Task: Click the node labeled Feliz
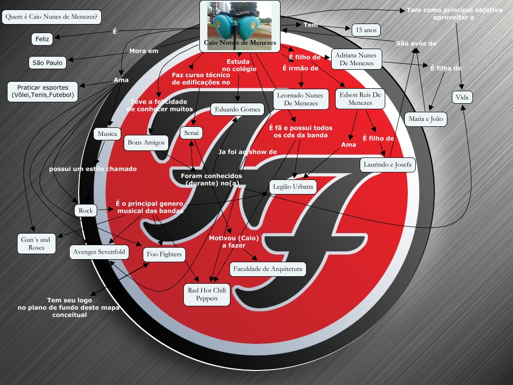pos(42,39)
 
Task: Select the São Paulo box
pos(48,63)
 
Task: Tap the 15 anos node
pos(366,30)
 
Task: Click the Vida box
pos(462,97)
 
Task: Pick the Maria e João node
pos(425,119)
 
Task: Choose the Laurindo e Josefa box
pos(388,164)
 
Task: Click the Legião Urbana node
pos(293,187)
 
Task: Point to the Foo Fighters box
pos(164,254)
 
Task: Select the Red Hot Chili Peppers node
pos(207,294)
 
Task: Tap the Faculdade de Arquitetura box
pos(268,269)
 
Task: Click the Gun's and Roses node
pos(36,244)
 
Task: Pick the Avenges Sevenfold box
pos(99,251)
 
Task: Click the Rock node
pos(86,211)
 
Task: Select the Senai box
pos(191,133)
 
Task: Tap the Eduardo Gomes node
pos(237,109)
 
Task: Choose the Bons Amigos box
pos(146,142)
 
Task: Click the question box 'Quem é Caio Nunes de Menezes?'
pos(52,17)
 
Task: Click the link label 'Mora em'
pos(144,51)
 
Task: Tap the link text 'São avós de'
pos(416,44)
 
